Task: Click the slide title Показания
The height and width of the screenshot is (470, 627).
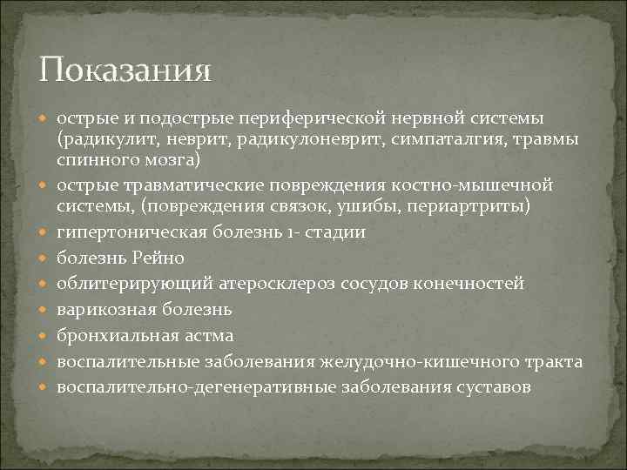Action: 125,69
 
